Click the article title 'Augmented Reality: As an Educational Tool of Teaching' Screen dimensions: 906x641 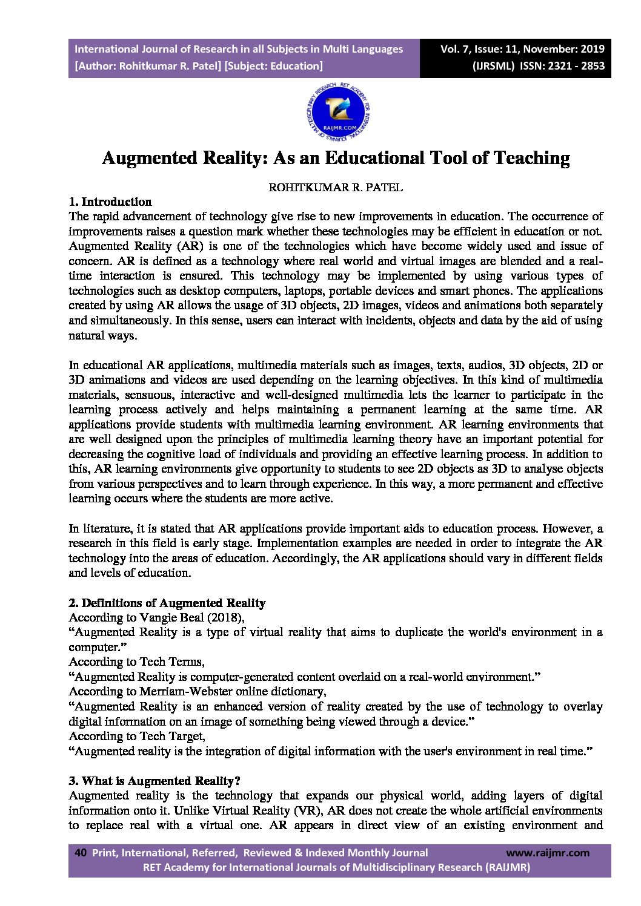(x=336, y=158)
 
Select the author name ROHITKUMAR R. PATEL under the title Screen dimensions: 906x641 (x=336, y=188)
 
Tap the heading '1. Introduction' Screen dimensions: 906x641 (x=110, y=202)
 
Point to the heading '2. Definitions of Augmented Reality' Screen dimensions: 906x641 (x=167, y=603)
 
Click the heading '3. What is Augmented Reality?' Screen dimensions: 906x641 (x=154, y=781)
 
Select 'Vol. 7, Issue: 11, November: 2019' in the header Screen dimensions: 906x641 (x=522, y=49)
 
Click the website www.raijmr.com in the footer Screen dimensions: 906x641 (x=547, y=853)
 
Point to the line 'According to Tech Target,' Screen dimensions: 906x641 (x=137, y=736)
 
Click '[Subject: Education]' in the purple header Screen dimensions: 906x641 (x=273, y=66)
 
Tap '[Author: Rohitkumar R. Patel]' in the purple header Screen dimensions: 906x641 (x=148, y=66)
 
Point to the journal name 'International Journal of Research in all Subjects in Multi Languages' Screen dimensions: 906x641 (x=239, y=49)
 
